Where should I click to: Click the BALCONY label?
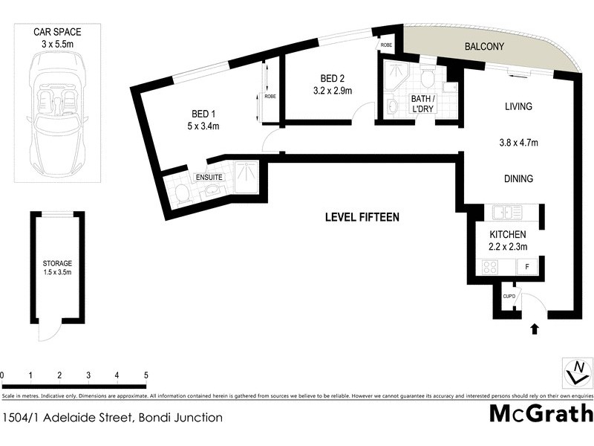click(x=484, y=46)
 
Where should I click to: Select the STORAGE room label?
click(x=56, y=263)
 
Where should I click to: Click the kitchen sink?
click(x=507, y=213)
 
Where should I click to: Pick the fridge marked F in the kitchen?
click(x=528, y=266)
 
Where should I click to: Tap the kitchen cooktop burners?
click(x=491, y=266)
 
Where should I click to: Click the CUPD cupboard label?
click(x=509, y=297)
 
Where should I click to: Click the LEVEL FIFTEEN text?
click(x=362, y=217)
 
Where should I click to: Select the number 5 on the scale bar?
click(x=146, y=375)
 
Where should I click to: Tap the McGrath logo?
click(x=541, y=413)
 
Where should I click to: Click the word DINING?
click(x=518, y=179)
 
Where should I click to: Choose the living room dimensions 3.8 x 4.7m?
click(x=518, y=143)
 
